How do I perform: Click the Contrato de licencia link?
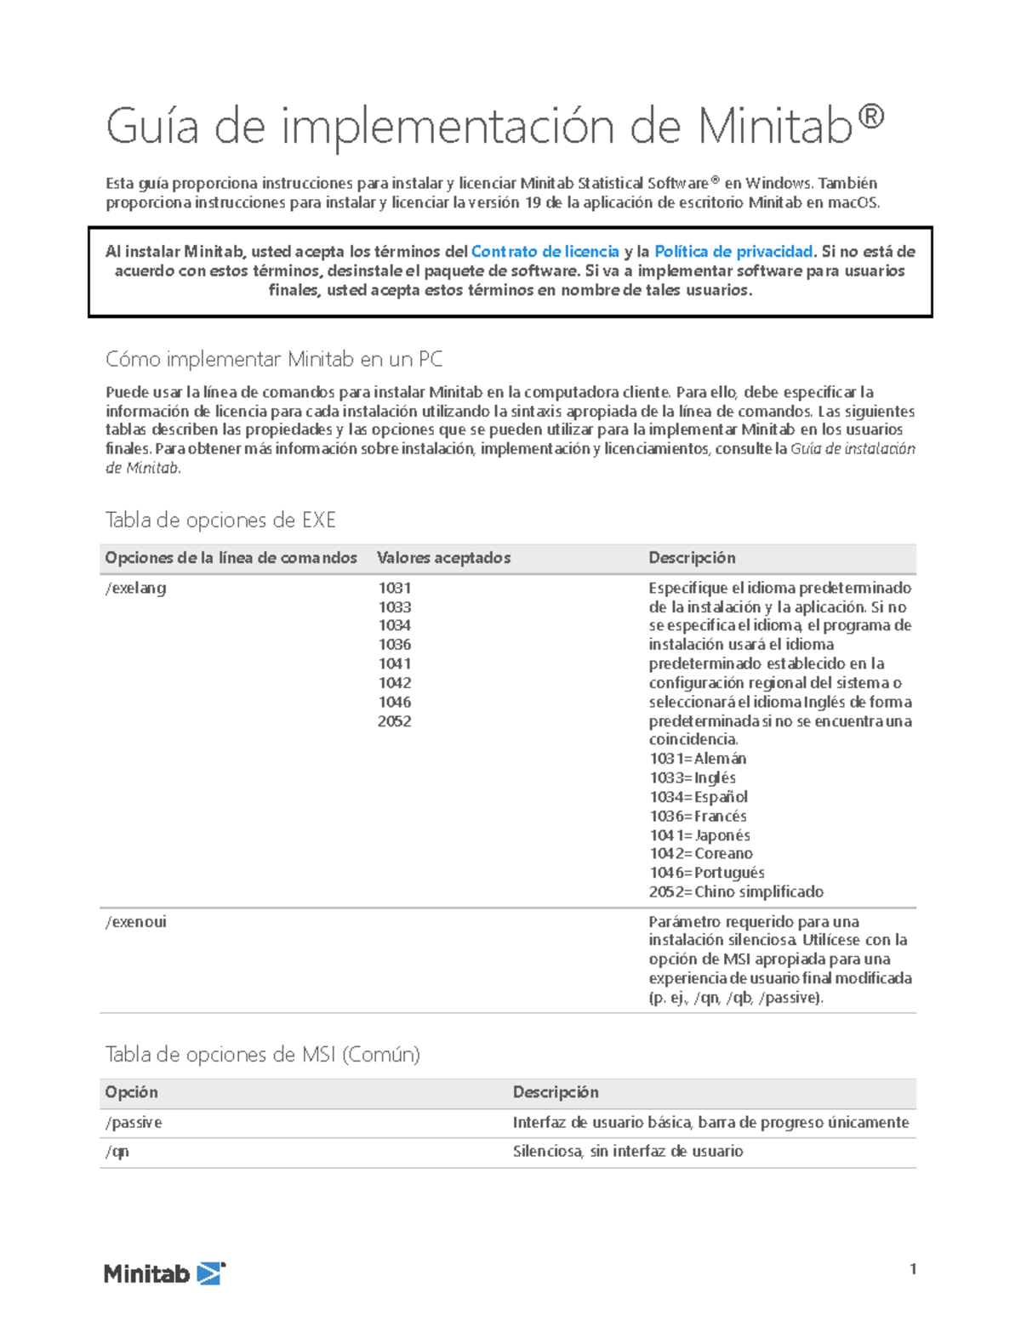click(545, 252)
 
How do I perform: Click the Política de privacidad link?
click(733, 252)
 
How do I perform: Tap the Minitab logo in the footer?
click(164, 1273)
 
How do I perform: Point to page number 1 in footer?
click(913, 1269)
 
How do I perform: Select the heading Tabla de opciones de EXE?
click(220, 520)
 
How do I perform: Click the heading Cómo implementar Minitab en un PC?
click(274, 360)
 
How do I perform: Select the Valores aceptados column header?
click(443, 558)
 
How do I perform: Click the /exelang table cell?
click(136, 588)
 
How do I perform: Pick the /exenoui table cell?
click(136, 922)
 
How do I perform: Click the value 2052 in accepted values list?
click(394, 721)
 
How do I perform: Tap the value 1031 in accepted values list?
click(394, 588)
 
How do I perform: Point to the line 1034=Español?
click(699, 797)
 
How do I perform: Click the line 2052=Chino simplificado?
click(736, 892)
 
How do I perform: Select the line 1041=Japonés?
click(699, 835)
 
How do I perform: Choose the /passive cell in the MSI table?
click(134, 1123)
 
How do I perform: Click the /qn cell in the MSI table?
click(117, 1152)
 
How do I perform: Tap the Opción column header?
click(131, 1092)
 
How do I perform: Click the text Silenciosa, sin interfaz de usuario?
click(628, 1152)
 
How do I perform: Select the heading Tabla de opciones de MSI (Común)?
click(262, 1055)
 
